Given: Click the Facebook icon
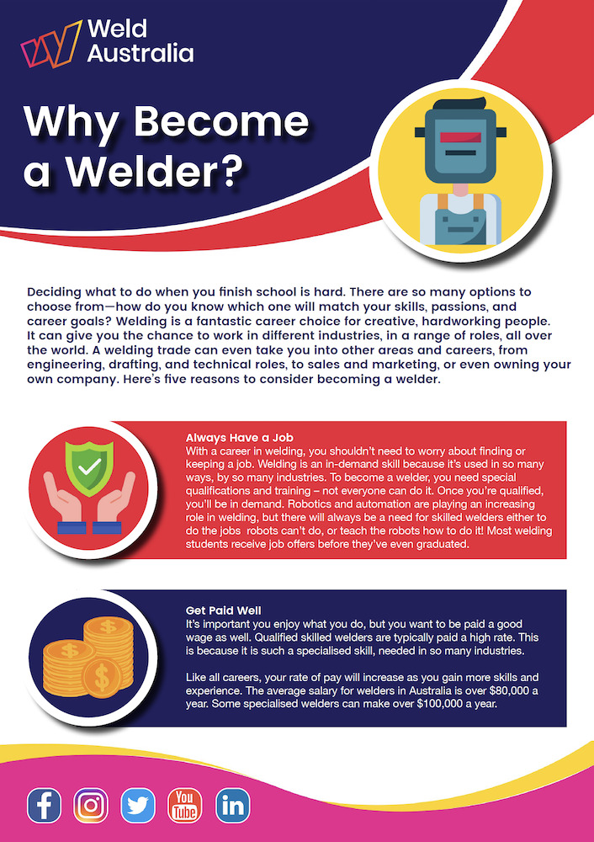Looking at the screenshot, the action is coord(44,806).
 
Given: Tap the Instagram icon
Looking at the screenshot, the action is coord(91,806).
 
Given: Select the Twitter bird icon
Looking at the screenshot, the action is coord(138,806).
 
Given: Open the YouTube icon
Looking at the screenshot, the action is coord(185,806).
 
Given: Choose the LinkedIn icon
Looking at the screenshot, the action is coord(232,806).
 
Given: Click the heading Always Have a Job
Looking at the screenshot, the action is coord(239,437).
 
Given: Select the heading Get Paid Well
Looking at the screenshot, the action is coord(223,610).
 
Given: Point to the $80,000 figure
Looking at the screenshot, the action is coord(499,690).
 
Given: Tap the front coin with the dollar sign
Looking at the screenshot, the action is coord(102,678).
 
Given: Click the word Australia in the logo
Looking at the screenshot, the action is coord(141,54).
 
